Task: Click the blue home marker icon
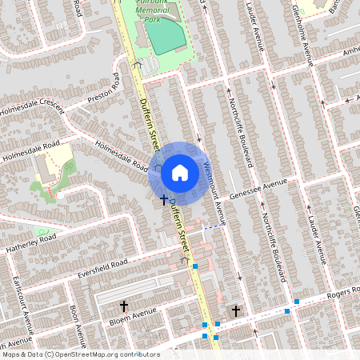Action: point(180,172)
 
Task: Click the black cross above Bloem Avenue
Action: point(124,305)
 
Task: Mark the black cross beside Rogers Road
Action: point(235,309)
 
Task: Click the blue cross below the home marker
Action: point(164,198)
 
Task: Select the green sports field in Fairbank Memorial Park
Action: point(165,37)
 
